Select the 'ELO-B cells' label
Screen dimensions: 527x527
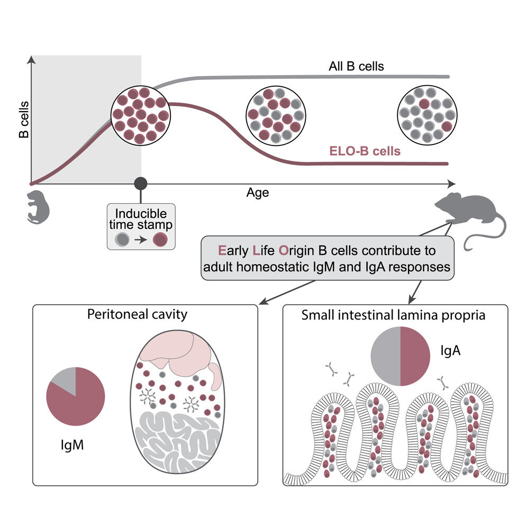[362, 151]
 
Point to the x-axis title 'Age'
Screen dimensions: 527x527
[258, 193]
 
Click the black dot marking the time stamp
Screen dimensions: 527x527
[140, 183]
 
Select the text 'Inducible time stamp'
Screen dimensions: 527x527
[141, 219]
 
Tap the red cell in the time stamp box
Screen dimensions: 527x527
[158, 241]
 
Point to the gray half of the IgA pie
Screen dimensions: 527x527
[385, 356]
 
